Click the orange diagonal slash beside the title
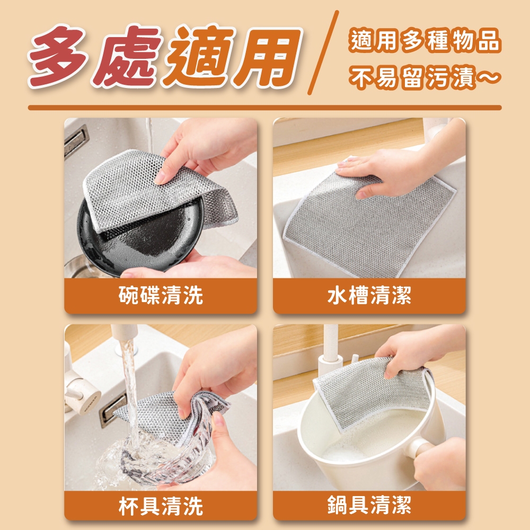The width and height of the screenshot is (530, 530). tap(323, 52)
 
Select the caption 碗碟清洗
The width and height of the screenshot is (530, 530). tap(161, 295)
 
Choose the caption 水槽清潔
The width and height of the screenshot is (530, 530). tap(369, 295)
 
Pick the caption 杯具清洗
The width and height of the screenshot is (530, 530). tap(161, 506)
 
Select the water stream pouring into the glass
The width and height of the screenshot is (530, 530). tap(131, 395)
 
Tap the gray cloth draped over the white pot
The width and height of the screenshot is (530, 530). tap(372, 392)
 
